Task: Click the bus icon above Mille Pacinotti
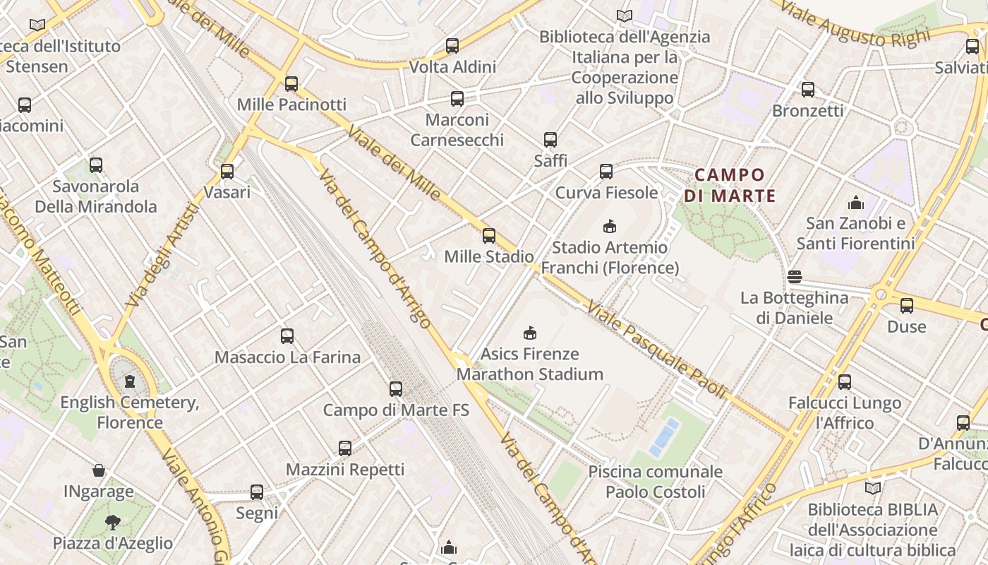pos(291,84)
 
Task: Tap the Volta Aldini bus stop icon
pos(452,46)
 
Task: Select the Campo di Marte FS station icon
pos(396,388)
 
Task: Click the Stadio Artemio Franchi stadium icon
pos(609,226)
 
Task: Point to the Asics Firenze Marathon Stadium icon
pos(530,333)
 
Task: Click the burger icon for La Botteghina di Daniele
pos(795,276)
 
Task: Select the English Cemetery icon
pos(130,382)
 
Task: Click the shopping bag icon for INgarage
pos(99,470)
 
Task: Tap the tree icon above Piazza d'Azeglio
pos(112,523)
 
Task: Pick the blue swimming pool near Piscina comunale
pos(665,436)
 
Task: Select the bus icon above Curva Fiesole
pos(606,171)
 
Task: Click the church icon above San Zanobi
pos(856,203)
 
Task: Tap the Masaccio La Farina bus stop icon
pos(287,336)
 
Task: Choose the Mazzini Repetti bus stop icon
pos(345,448)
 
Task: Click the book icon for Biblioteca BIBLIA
pos(873,488)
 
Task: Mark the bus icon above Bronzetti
pos(808,90)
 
